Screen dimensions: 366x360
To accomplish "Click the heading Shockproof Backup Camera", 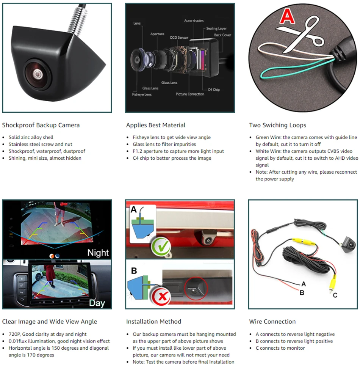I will (41, 125).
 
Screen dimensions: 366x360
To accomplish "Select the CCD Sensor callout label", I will (179, 38).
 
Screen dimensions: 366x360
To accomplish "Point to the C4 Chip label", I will (214, 90).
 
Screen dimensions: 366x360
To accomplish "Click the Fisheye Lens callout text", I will (142, 94).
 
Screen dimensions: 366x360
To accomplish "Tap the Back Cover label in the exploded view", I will (222, 35).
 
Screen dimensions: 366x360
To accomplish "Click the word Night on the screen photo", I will (98, 253).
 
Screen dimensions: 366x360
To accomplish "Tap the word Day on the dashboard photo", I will (97, 303).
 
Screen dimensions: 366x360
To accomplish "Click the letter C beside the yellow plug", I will (335, 295).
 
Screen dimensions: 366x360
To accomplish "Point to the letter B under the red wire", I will (302, 292).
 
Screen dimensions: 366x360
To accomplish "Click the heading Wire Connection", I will (272, 322).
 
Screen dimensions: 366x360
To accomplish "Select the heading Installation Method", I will (153, 322).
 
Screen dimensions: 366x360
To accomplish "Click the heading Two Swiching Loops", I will (277, 125).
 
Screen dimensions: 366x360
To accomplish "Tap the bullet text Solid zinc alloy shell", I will (31, 137).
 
